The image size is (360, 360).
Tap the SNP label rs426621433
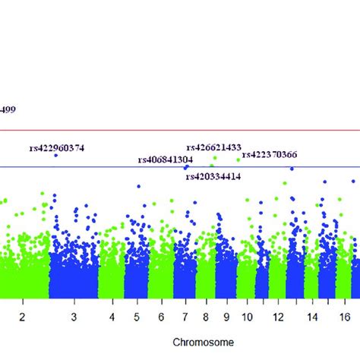213,147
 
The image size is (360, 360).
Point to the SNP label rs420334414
213,176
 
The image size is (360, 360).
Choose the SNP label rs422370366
270,155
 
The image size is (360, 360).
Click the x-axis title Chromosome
201,342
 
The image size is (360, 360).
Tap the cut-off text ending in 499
8,109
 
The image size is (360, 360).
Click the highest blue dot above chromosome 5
138,186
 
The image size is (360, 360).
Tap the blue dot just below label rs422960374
55,155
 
